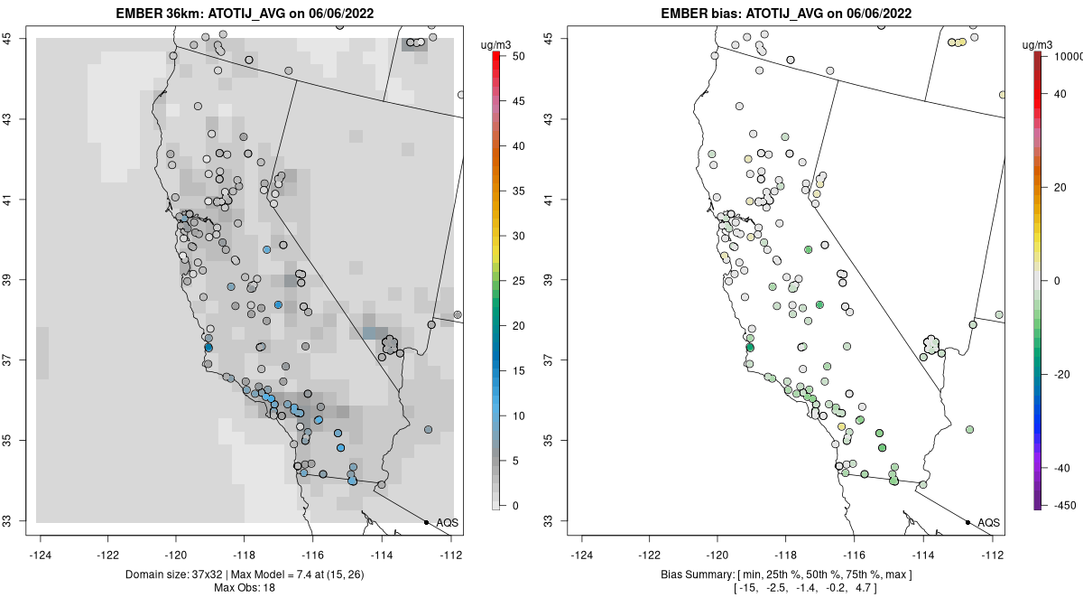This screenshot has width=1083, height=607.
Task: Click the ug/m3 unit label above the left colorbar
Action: [x=496, y=42]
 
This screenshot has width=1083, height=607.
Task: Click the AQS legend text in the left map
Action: [x=448, y=523]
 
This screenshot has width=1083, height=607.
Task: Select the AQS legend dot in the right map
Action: [x=967, y=522]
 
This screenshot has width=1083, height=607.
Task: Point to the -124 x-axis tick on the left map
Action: [x=41, y=555]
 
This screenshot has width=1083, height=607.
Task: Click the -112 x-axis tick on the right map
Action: [x=993, y=555]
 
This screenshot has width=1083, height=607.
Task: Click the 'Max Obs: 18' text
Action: [x=245, y=588]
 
